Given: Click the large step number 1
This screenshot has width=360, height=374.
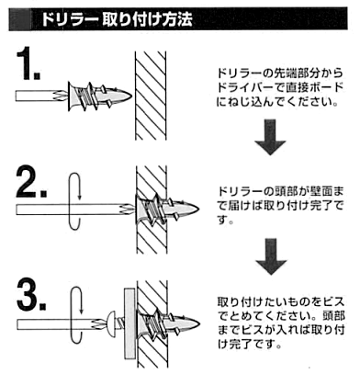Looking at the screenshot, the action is (28, 63).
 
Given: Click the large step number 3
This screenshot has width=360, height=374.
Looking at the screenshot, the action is (31, 295).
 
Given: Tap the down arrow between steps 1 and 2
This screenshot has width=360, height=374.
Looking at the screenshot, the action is (270, 137).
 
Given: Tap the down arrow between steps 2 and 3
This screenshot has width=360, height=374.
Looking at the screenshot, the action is (271, 256).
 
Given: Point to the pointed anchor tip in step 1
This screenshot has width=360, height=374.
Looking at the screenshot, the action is (131, 96).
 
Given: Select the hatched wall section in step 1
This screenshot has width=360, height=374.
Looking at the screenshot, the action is (151, 96).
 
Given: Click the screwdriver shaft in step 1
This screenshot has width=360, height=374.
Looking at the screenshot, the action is (40, 96).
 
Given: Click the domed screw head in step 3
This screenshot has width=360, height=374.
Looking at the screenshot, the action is (111, 323).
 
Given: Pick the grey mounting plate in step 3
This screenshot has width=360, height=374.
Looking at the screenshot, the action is (129, 323).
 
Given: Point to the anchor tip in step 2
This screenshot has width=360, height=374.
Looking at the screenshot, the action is (199, 210).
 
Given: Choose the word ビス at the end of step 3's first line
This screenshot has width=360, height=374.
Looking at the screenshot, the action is (333, 302).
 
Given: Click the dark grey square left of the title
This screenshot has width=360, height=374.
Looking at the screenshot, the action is (20, 19).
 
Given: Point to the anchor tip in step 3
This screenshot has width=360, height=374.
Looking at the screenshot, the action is (199, 324).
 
